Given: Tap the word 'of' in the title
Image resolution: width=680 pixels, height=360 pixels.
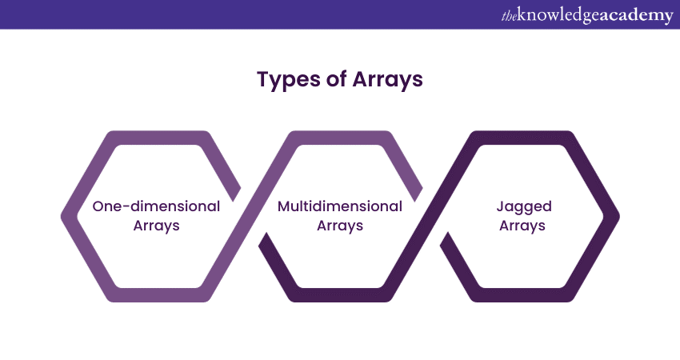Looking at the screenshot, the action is click(x=336, y=81).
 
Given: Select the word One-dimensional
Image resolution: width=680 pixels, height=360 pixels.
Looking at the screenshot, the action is click(x=156, y=206).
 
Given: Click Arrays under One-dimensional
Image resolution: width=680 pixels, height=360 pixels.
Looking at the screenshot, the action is click(x=156, y=226).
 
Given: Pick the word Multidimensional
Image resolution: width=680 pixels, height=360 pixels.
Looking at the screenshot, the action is click(x=340, y=206).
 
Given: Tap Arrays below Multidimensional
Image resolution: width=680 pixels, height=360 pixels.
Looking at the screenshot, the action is click(x=340, y=226).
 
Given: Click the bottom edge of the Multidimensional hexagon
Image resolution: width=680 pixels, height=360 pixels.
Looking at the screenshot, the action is click(x=340, y=295).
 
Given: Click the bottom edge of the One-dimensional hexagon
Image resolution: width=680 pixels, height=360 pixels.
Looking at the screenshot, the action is click(x=157, y=295).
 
